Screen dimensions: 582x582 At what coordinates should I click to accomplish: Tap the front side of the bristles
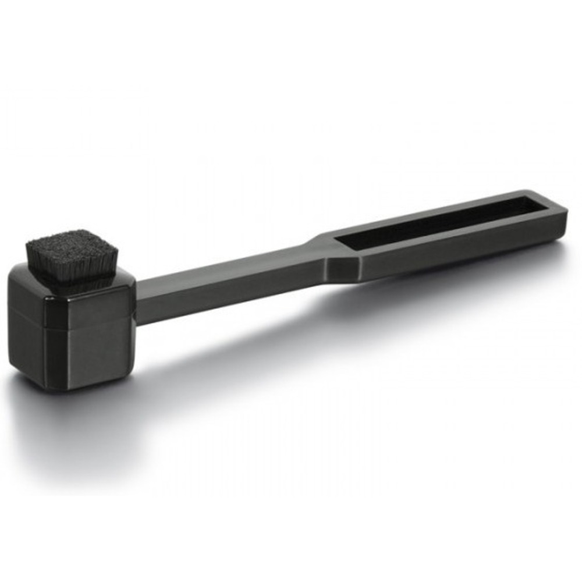pos(73,274)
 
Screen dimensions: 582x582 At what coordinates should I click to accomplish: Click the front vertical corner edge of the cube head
pos(47,338)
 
